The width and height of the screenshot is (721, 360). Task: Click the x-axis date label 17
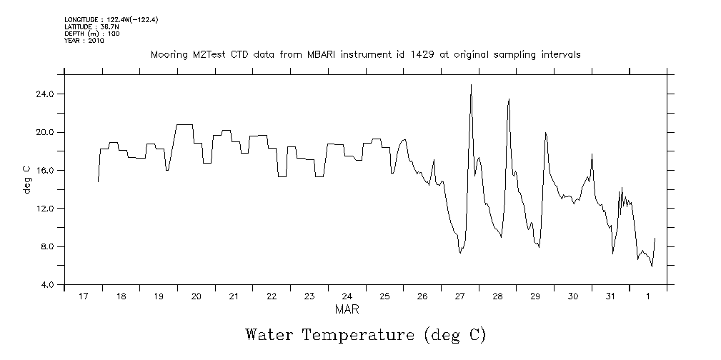pos(83,296)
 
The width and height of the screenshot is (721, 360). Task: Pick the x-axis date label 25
pos(384,296)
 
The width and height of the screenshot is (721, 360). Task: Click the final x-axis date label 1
pos(648,296)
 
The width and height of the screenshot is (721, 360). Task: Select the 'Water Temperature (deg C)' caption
pos(365,334)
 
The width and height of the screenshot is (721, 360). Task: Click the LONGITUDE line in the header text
pos(111,20)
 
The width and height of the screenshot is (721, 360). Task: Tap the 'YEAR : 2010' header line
pos(84,41)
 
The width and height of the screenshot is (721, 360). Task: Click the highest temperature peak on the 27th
pos(471,85)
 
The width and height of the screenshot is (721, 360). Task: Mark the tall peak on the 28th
pos(509,99)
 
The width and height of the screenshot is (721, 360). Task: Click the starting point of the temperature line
pos(98,181)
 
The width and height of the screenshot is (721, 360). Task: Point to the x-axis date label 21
pos(234,296)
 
